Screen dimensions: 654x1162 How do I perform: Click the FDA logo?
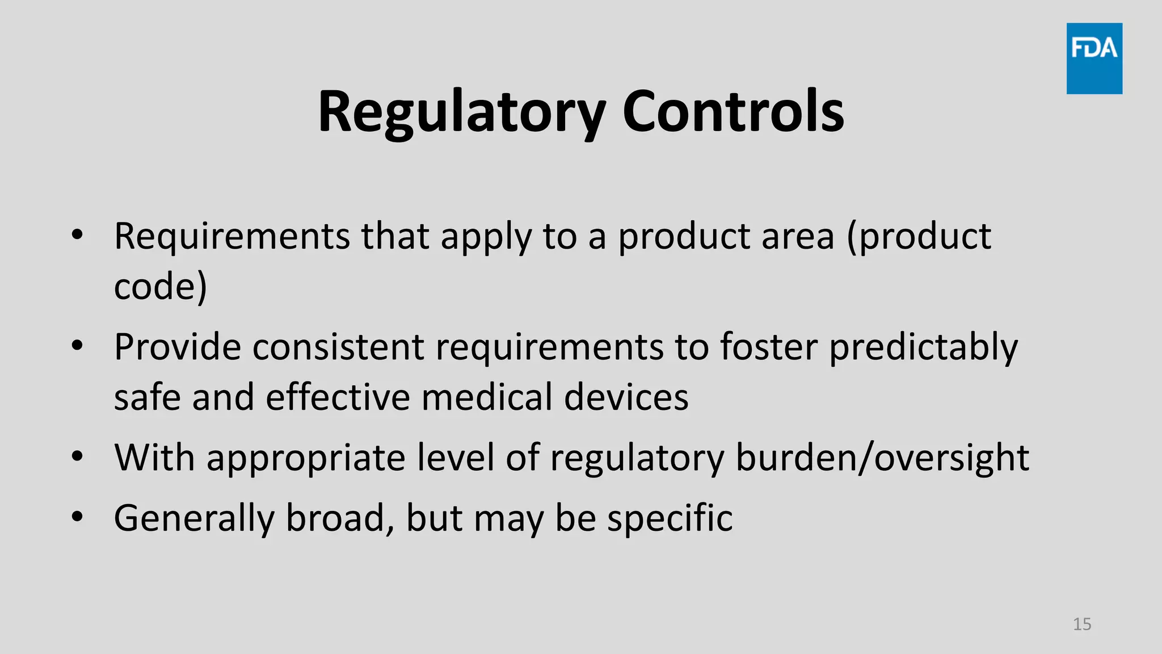pyautogui.click(x=1094, y=58)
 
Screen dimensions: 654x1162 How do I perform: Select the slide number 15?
pyautogui.click(x=1082, y=624)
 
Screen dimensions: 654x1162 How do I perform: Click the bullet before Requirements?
pyautogui.click(x=78, y=234)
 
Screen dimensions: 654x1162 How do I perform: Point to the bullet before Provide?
pyautogui.click(x=78, y=345)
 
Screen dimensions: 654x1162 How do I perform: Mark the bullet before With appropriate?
pyautogui.click(x=78, y=456)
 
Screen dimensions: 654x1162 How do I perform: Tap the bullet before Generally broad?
pyautogui.click(x=78, y=517)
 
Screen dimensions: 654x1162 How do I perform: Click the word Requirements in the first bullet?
pyautogui.click(x=232, y=236)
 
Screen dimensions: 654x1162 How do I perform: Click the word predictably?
pyautogui.click(x=923, y=347)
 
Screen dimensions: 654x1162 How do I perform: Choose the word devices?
pyautogui.click(x=626, y=397)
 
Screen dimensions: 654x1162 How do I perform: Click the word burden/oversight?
pyautogui.click(x=882, y=458)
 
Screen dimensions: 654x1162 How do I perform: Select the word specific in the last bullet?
pyautogui.click(x=670, y=518)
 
